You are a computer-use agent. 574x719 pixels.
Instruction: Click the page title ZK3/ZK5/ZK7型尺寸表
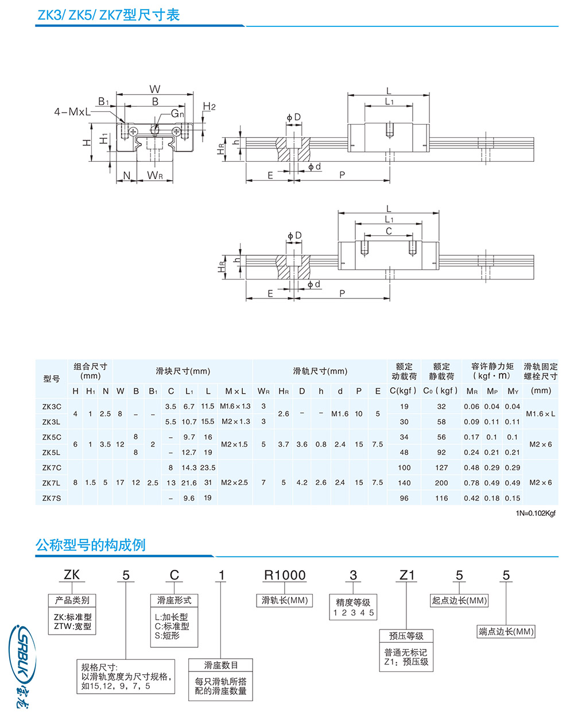tap(108, 14)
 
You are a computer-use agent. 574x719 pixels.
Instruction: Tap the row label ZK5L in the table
tap(52, 452)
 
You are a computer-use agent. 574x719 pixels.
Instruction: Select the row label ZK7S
tap(52, 498)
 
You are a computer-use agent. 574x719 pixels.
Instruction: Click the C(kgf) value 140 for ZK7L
tap(404, 483)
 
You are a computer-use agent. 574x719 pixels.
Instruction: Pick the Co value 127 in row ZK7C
tap(441, 468)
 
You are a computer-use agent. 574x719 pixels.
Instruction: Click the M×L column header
tap(235, 391)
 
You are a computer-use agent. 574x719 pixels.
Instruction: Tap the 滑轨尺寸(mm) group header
tap(320, 371)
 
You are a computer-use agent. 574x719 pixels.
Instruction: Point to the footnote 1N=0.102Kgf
tap(536, 514)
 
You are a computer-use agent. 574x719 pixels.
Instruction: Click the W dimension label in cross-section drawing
tap(155, 89)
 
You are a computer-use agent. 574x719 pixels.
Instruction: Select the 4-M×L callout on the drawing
tap(72, 111)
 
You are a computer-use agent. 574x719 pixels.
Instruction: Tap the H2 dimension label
tap(210, 107)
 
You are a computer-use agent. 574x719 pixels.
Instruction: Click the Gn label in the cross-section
tap(177, 114)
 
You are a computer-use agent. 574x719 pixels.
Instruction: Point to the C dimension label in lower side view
tap(389, 231)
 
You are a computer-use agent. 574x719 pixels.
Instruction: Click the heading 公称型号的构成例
tap(91, 545)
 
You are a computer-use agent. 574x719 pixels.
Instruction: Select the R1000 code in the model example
tap(285, 575)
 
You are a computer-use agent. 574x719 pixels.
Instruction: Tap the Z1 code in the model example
tap(407, 575)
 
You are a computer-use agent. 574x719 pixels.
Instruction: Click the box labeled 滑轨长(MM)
tap(285, 600)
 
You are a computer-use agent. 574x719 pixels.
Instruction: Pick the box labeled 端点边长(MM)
tap(506, 631)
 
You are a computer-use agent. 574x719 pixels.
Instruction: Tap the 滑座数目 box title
tap(221, 665)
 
